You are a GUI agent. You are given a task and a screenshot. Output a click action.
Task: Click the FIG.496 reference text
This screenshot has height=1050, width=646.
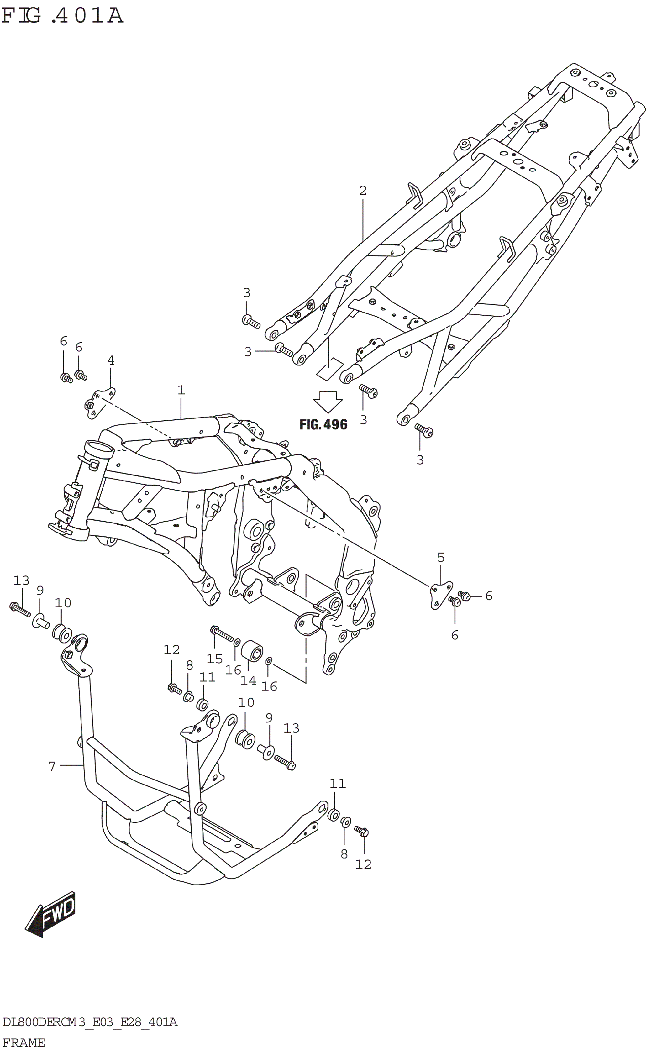click(x=323, y=424)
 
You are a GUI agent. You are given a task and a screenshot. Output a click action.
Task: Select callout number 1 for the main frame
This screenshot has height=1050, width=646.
click(x=181, y=390)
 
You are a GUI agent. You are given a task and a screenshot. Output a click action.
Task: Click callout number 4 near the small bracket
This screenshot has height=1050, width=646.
click(x=111, y=361)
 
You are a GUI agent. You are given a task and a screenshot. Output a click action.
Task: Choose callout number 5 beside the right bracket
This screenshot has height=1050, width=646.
click(x=441, y=557)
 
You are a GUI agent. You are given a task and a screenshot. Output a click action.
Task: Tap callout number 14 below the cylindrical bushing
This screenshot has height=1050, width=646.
click(x=248, y=681)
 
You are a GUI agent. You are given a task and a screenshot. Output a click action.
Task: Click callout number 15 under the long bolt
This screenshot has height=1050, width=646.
click(x=214, y=659)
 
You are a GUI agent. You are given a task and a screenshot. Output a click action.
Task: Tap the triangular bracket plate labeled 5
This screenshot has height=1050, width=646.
click(x=440, y=594)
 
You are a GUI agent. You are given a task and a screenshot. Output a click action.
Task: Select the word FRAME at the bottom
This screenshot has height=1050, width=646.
click(x=24, y=1043)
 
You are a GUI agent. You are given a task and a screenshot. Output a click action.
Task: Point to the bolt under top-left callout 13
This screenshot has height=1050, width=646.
click(x=20, y=609)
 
